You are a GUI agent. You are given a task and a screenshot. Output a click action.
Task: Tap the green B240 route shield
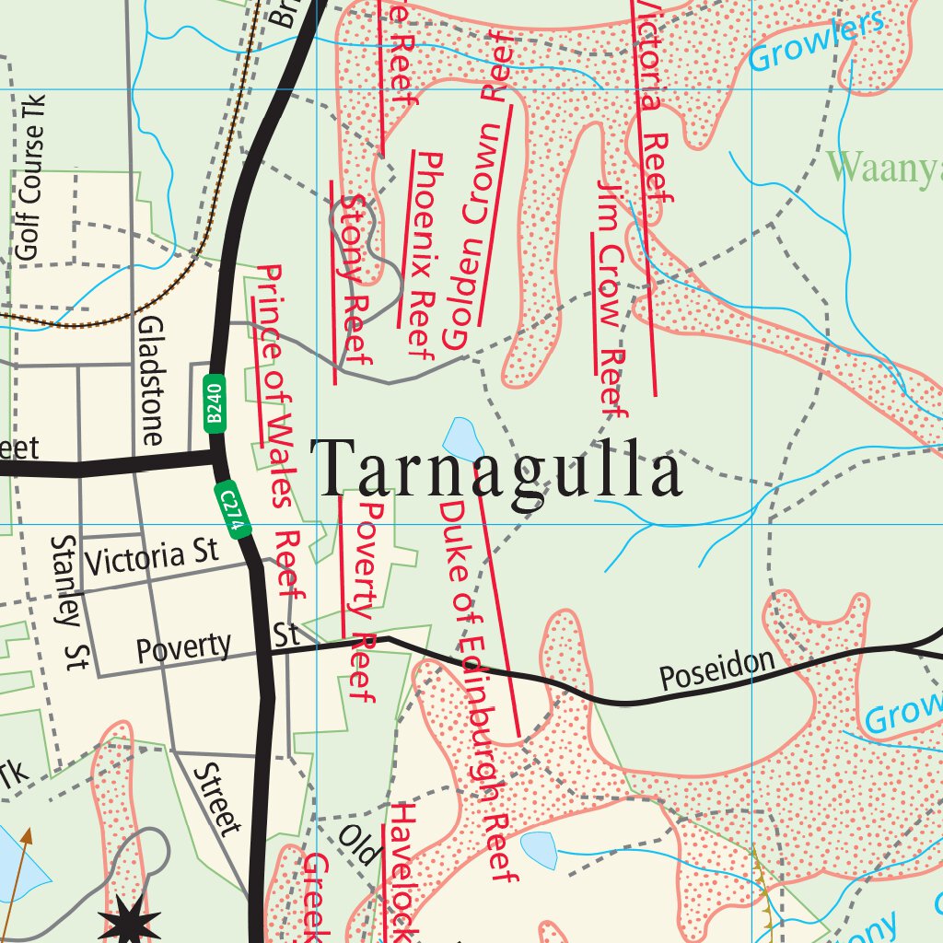tap(214, 402)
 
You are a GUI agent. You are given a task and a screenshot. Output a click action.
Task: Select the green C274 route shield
tap(235, 510)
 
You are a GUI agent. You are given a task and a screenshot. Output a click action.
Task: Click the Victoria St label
tap(151, 556)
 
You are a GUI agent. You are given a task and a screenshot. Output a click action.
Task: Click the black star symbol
tap(129, 921)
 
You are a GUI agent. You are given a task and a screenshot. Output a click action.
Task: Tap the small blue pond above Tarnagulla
tap(462, 438)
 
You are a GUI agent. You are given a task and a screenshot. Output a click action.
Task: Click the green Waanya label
tap(884, 169)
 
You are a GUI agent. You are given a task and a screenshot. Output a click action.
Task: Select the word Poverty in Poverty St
tap(183, 647)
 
